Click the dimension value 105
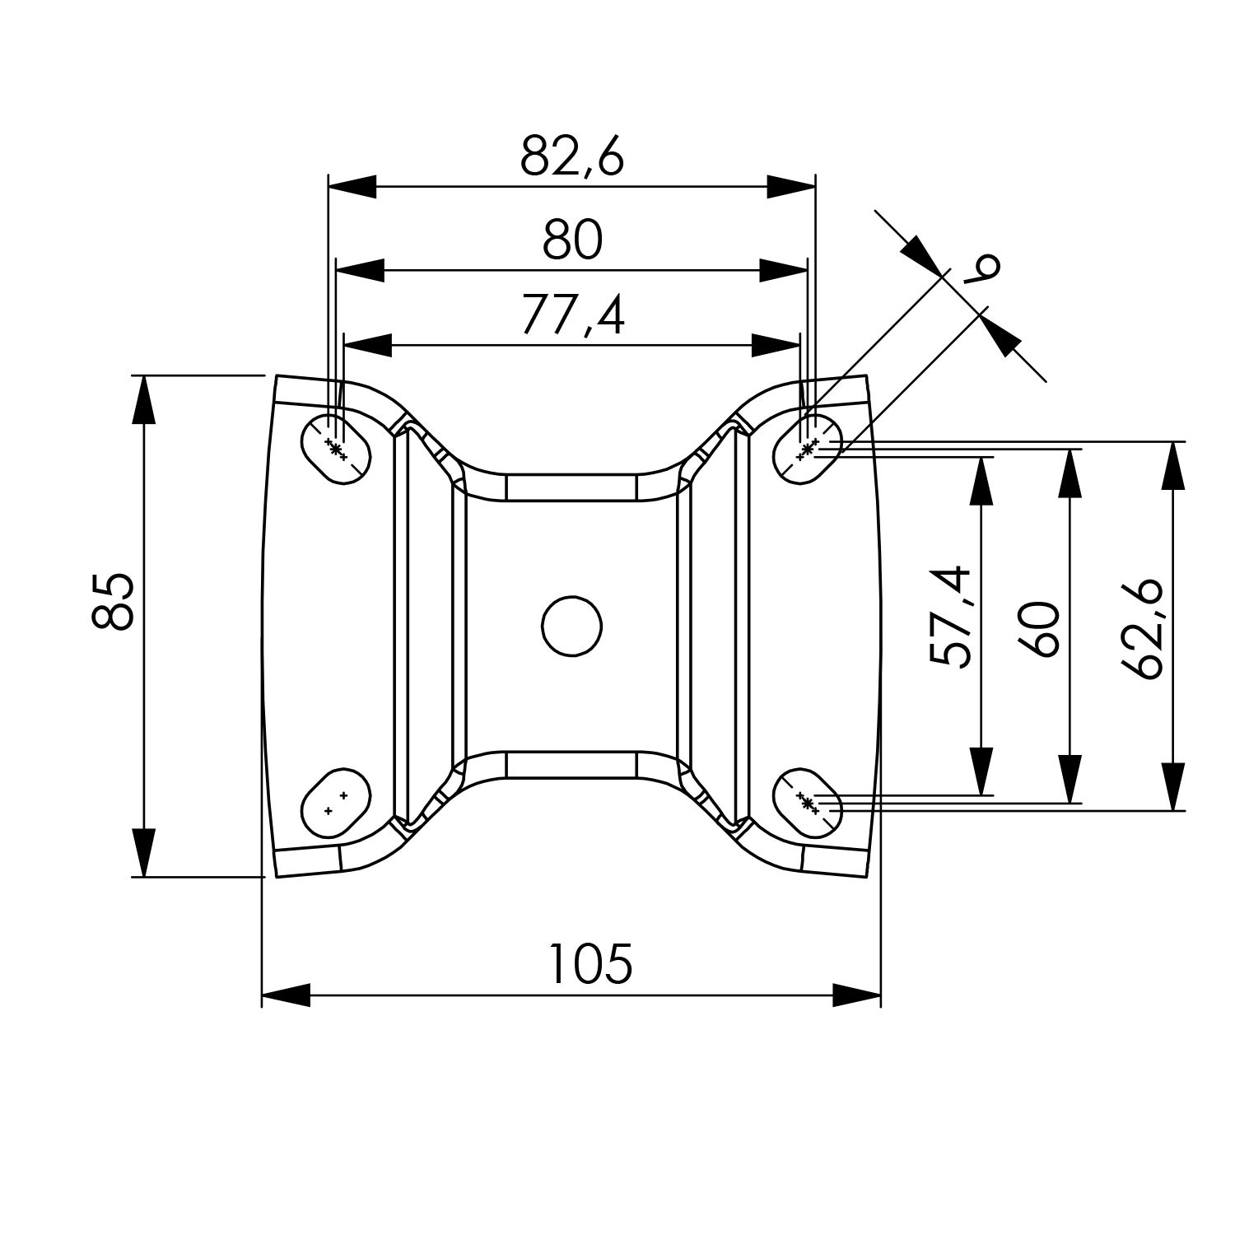click(x=590, y=964)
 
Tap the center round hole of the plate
click(x=571, y=626)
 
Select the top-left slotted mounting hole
click(x=336, y=448)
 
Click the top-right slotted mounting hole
click(x=809, y=448)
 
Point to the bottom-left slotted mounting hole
click(x=336, y=803)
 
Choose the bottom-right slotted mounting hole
click(x=809, y=803)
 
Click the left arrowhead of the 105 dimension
click(x=286, y=995)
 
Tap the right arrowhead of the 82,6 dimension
click(x=791, y=187)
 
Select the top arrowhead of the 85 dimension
click(x=144, y=399)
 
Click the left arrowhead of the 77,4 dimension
click(x=367, y=346)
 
